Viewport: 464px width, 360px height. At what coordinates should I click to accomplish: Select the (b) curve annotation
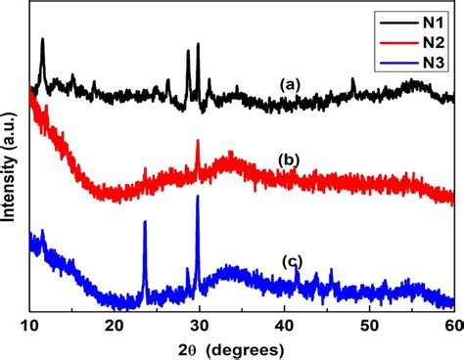[288, 159]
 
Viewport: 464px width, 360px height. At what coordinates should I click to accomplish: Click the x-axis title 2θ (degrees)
[240, 347]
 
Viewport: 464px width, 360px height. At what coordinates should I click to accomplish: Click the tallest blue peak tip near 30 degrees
[198, 197]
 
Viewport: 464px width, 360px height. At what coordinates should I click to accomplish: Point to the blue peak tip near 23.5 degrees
[145, 222]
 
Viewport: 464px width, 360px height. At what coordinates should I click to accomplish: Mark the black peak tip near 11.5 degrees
[42, 40]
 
